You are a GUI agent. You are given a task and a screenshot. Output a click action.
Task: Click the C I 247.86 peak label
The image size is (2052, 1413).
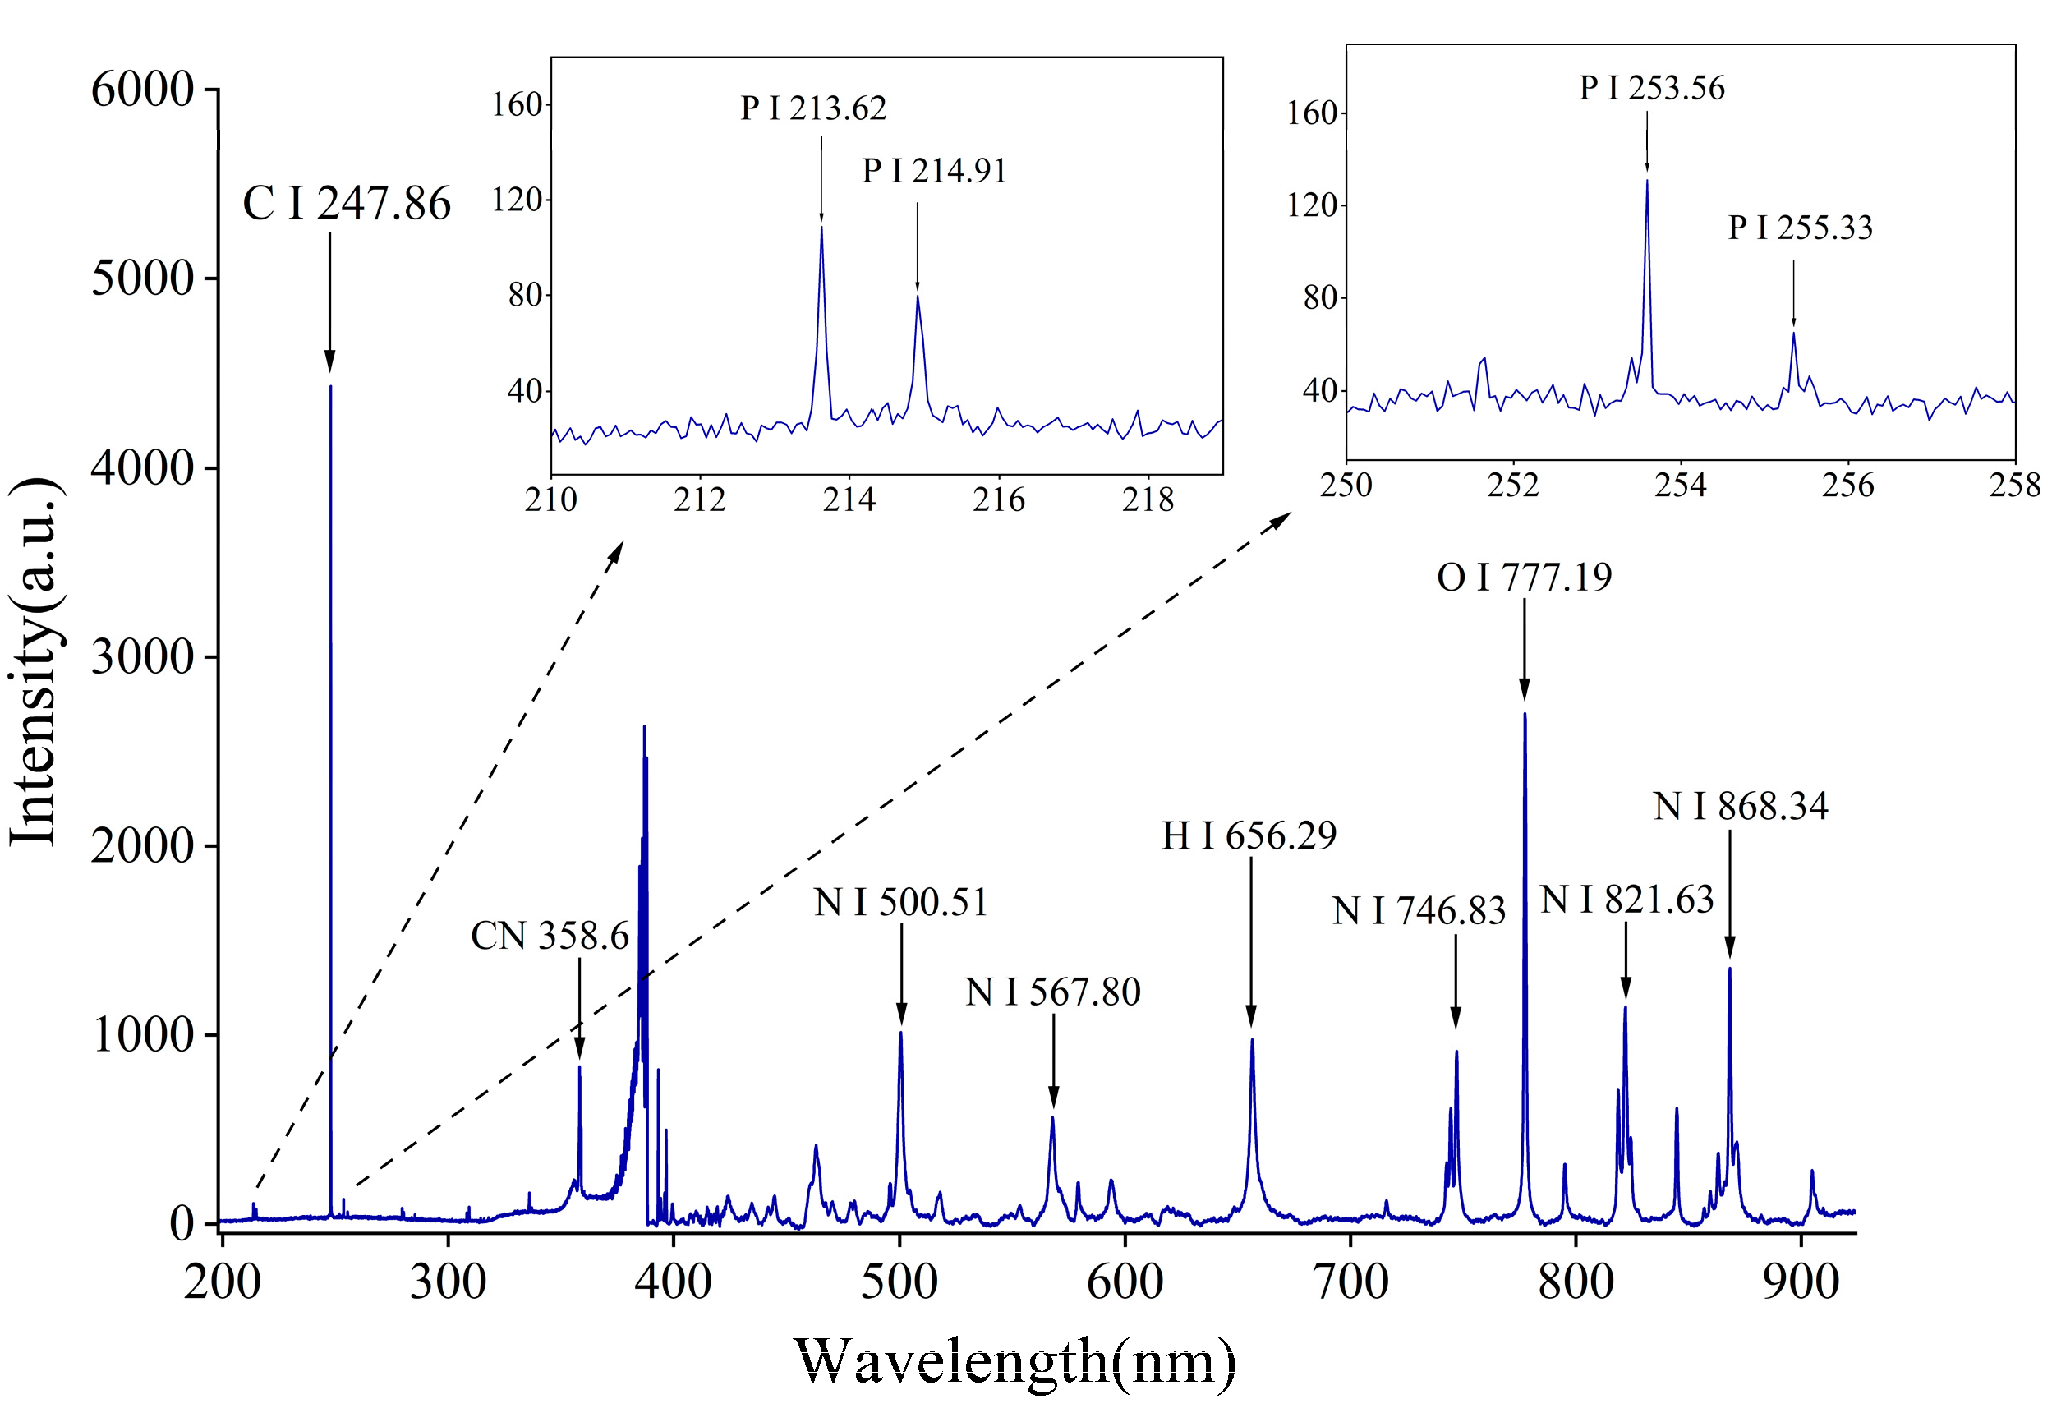pos(346,204)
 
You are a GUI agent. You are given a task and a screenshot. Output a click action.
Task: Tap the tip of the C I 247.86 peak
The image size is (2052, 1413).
pos(330,387)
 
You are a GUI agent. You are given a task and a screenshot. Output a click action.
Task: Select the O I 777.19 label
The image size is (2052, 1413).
pos(1525,578)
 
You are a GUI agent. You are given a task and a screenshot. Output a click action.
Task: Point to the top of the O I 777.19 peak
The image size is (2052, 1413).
pos(1525,715)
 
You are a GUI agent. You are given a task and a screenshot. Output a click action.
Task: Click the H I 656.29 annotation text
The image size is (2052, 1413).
pos(1249,835)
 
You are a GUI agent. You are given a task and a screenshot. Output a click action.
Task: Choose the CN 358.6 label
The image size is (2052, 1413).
pos(550,936)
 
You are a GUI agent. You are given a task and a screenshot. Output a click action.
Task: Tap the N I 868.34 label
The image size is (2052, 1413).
pos(1741,806)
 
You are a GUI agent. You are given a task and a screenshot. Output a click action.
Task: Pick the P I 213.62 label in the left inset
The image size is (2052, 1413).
pos(813,108)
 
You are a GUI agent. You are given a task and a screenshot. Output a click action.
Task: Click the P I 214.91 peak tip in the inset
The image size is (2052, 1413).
pos(918,296)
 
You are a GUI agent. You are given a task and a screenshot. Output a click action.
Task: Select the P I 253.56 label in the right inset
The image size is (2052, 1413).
pos(1652,88)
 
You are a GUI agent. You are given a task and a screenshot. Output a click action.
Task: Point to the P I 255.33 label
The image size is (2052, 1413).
pos(1801,228)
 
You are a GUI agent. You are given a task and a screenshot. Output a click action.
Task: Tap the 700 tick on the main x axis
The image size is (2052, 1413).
pos(1350,1282)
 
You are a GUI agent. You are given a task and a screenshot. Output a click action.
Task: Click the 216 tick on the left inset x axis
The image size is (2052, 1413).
pos(999,500)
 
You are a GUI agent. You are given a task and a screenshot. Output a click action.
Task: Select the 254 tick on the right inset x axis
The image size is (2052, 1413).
pos(1680,486)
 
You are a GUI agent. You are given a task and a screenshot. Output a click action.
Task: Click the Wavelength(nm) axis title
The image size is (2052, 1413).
pos(1015,1360)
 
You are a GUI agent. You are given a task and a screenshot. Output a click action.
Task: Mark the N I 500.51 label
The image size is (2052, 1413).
pos(900,902)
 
